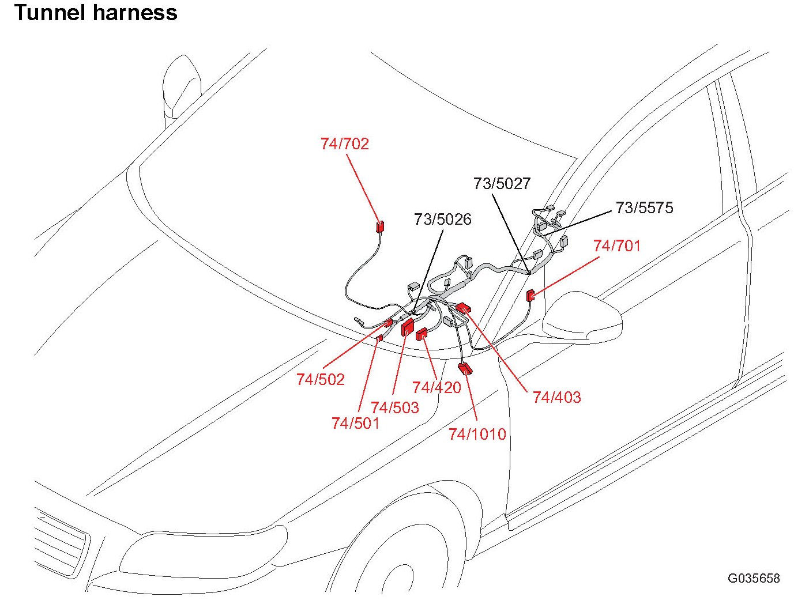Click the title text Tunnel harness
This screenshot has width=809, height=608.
96,13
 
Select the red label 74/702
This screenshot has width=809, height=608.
345,144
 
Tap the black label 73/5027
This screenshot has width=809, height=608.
502,183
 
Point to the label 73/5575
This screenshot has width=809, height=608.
644,207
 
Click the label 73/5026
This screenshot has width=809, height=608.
442,219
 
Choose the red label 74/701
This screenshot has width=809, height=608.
617,246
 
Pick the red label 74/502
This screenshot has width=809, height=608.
321,379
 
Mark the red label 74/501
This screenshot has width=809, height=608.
355,423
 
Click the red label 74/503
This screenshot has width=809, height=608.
395,407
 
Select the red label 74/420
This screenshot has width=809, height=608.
437,387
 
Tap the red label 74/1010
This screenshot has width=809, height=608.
477,434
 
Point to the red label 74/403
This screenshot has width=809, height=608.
556,397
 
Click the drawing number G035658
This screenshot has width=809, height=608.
753,578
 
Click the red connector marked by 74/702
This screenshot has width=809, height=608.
380,226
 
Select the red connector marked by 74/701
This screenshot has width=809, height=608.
530,296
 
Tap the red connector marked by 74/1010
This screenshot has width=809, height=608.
465,368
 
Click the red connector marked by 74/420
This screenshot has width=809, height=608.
422,333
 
